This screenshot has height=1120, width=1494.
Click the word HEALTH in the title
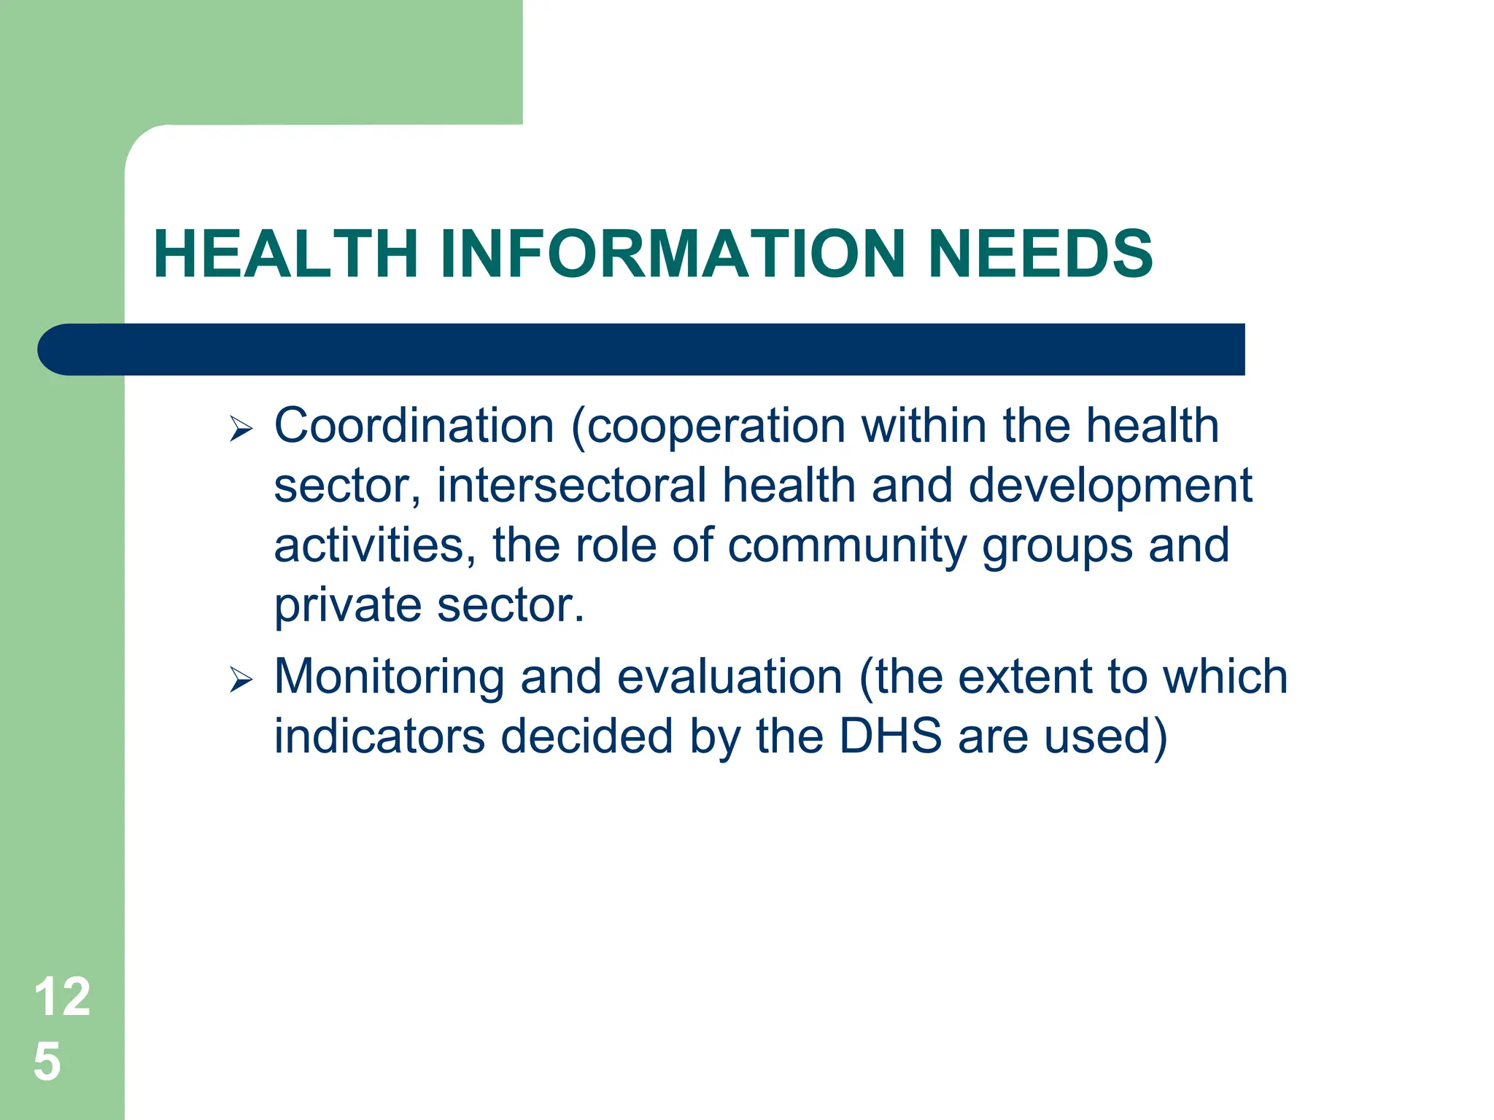(x=286, y=254)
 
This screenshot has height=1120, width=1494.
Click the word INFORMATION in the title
(x=672, y=254)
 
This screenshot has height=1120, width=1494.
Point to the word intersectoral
(x=571, y=486)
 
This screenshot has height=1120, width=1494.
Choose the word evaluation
(x=729, y=677)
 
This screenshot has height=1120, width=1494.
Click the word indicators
(x=379, y=736)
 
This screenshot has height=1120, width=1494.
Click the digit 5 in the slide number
(x=47, y=1061)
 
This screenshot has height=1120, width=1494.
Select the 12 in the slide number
(x=62, y=997)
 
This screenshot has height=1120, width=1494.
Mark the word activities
(x=368, y=546)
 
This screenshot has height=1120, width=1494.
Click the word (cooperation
(x=708, y=427)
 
